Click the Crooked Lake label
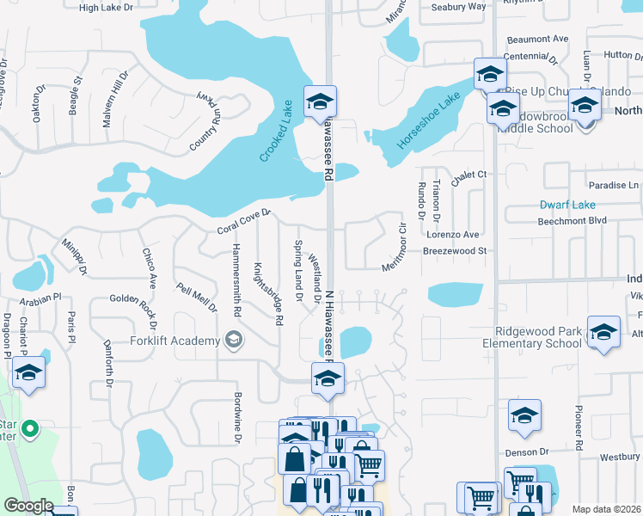277,132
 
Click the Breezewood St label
455,251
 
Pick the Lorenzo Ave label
452,234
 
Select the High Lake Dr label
106,7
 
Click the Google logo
28,506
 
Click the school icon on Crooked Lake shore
320,101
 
